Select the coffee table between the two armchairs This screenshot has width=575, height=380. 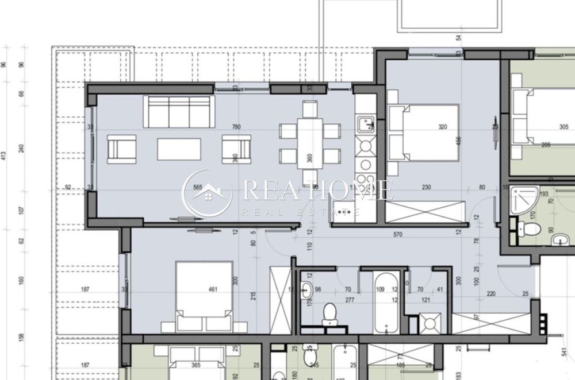(179, 149)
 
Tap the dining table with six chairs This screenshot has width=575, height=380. (309, 143)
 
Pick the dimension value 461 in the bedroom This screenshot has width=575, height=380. (213, 289)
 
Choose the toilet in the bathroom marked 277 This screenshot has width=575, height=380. (329, 314)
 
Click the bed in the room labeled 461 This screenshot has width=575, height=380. (204, 296)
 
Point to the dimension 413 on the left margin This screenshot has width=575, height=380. (4, 155)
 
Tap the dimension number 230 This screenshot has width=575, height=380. (427, 187)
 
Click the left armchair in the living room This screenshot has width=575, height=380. (122, 149)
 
